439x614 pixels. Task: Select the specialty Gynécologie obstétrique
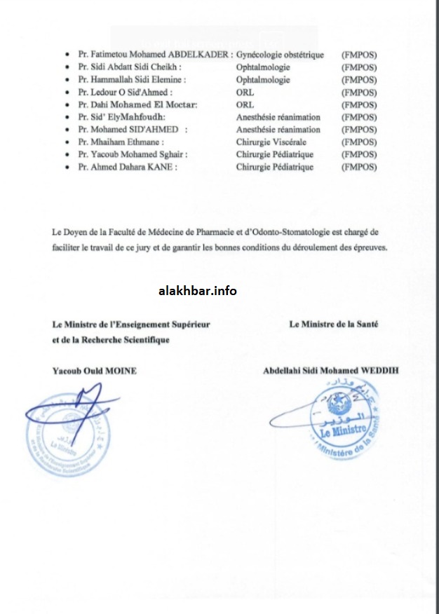coord(280,55)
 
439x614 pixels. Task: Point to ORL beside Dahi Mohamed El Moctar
coord(245,105)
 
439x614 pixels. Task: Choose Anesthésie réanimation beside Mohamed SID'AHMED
coord(278,130)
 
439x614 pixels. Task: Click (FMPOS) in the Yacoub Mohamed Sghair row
coord(358,155)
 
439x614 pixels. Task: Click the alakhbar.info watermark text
coord(197,291)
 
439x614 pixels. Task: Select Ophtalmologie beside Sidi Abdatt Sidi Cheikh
coord(263,67)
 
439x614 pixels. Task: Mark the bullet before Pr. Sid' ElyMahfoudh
coord(66,118)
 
